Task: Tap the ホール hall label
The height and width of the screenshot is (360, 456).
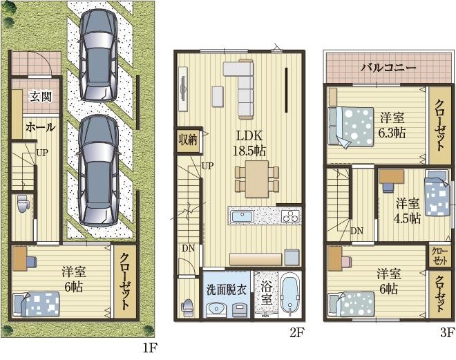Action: (x=40, y=128)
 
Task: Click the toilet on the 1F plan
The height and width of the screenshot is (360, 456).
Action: (x=22, y=205)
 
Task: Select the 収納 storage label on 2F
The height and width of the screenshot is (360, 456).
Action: (x=188, y=140)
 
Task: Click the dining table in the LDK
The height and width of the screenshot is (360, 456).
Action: (x=257, y=178)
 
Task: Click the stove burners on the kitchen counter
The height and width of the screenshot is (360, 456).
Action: (x=290, y=216)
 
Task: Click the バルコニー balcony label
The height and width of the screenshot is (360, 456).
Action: (x=388, y=68)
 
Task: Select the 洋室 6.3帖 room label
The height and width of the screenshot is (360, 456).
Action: (x=392, y=124)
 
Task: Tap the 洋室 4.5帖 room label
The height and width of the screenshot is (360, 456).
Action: (x=407, y=211)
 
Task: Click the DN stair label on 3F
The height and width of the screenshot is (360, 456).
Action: (x=357, y=231)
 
